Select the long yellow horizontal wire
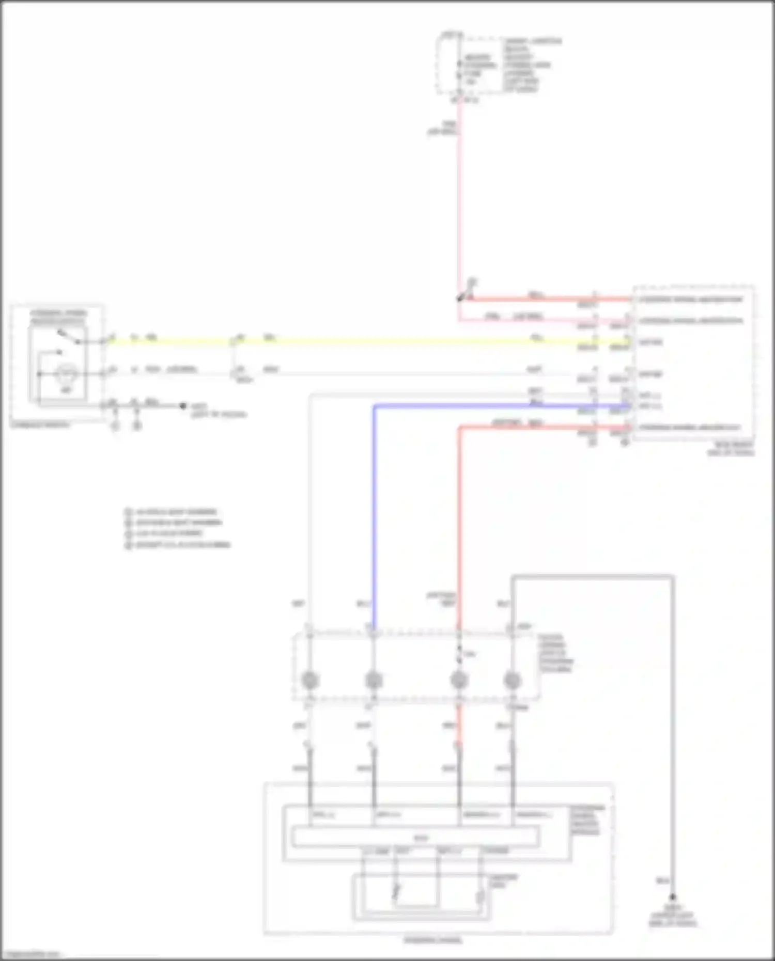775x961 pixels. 362,341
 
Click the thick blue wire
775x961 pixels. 374,516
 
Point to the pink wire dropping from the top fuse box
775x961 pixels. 459,207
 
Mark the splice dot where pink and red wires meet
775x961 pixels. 459,298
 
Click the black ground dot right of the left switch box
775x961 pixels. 183,406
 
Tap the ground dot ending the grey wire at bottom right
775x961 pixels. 673,898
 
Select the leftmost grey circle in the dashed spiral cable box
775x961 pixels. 310,681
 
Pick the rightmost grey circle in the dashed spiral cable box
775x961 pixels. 512,681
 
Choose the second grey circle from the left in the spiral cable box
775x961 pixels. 374,681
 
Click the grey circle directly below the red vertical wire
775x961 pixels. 459,681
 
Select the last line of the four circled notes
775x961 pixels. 178,545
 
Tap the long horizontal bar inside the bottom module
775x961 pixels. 416,837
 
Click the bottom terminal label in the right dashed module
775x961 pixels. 690,428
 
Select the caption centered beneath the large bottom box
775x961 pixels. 433,940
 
